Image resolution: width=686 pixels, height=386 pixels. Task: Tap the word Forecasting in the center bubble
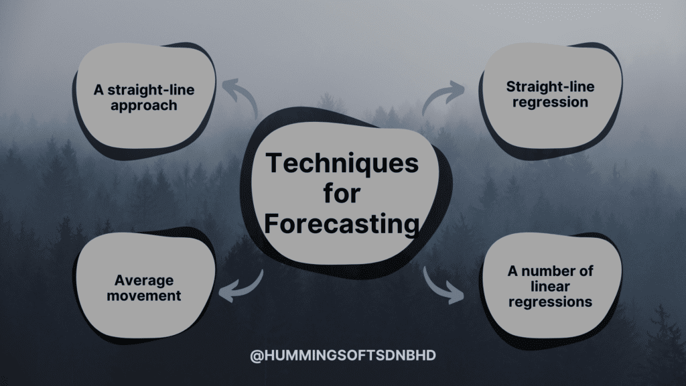(342, 223)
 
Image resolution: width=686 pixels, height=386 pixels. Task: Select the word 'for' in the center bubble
(342, 193)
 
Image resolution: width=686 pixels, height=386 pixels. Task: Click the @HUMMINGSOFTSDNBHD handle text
(343, 355)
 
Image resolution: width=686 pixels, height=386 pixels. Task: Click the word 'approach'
(144, 107)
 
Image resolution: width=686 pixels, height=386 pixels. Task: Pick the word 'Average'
(144, 280)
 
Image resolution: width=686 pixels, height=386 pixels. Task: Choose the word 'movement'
(144, 296)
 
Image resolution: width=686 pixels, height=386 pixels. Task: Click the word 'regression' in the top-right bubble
(551, 103)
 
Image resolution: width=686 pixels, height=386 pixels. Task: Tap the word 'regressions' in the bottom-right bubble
(551, 302)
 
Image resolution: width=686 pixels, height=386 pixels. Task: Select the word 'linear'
(551, 286)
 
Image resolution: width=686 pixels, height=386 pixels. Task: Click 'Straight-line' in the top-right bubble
(551, 86)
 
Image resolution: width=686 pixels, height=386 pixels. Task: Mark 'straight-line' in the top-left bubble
(151, 90)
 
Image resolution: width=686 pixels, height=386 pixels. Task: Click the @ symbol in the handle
(257, 356)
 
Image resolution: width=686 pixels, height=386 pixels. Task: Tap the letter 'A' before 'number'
(512, 271)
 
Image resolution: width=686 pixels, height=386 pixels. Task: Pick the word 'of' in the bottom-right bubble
(586, 271)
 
